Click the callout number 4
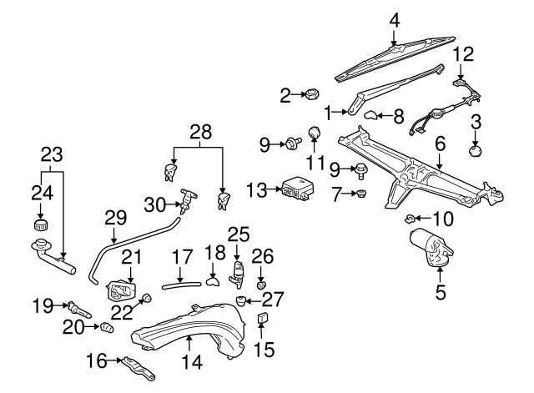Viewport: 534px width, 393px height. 395,18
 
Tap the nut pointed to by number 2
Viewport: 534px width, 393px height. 306,95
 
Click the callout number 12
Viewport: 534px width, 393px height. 463,54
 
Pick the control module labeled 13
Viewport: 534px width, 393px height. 295,189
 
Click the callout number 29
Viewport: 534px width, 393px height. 114,217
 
